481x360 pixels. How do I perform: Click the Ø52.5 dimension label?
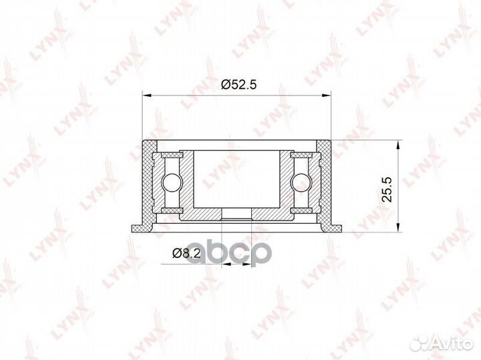click(x=238, y=84)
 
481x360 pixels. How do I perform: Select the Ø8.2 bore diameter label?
click(x=186, y=253)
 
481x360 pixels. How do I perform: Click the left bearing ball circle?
click(x=172, y=184)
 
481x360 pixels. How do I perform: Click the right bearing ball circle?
click(x=301, y=184)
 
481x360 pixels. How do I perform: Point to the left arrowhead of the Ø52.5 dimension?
click(x=147, y=96)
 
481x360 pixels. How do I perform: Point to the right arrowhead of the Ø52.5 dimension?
click(x=326, y=96)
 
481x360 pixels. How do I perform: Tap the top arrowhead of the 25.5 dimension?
click(x=398, y=145)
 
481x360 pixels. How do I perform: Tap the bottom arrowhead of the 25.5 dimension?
click(x=398, y=227)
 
